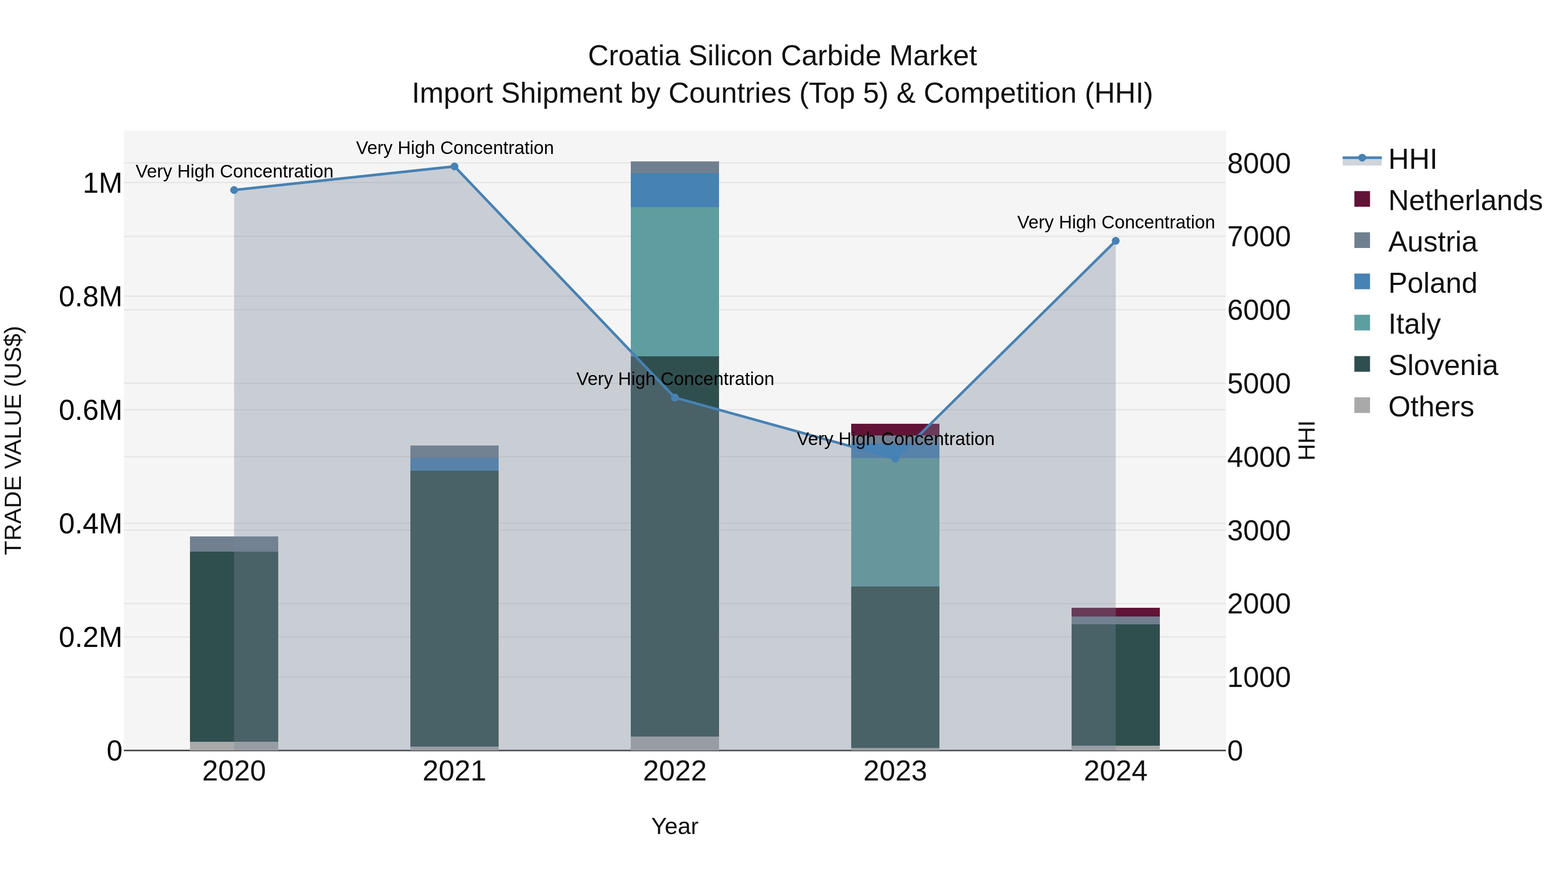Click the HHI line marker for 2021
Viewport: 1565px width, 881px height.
pyautogui.click(x=454, y=167)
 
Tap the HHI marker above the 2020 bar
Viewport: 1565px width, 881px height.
pyautogui.click(x=234, y=190)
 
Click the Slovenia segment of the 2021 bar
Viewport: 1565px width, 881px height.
pyautogui.click(x=454, y=608)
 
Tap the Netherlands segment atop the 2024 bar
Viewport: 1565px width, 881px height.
pyautogui.click(x=1115, y=612)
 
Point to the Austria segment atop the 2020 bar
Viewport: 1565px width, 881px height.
pyautogui.click(x=234, y=544)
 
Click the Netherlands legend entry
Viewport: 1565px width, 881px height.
pyautogui.click(x=1465, y=201)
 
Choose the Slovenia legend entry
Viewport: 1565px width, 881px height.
pyautogui.click(x=1443, y=365)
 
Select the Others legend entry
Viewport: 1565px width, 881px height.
pyautogui.click(x=1431, y=407)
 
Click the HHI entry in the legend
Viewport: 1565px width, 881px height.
pyautogui.click(x=1412, y=159)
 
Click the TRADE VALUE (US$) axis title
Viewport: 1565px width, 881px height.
pyautogui.click(x=13, y=440)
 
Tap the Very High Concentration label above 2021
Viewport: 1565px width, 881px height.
pyautogui.click(x=454, y=148)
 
